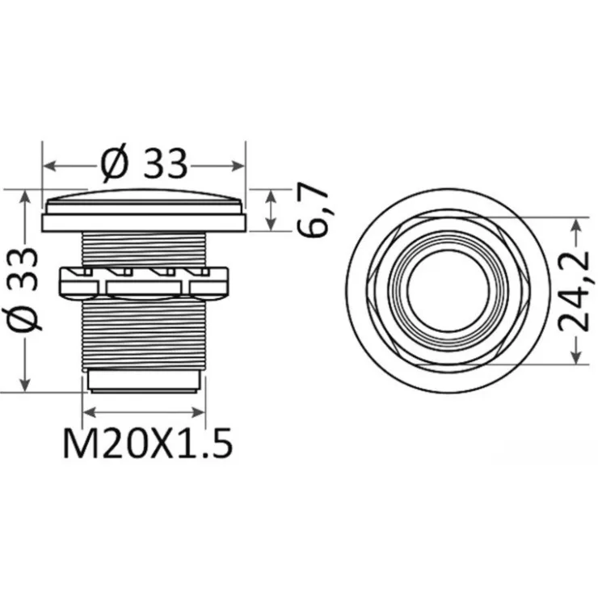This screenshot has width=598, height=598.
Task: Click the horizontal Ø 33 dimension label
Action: click(x=145, y=164)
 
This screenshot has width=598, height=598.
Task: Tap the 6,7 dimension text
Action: click(x=313, y=210)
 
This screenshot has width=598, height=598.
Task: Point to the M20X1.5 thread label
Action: click(x=148, y=444)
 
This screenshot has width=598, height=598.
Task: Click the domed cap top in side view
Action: click(x=143, y=196)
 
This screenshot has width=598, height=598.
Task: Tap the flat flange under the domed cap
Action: click(x=143, y=223)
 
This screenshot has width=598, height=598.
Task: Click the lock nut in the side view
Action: click(x=143, y=282)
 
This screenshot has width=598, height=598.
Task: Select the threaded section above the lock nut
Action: click(x=144, y=249)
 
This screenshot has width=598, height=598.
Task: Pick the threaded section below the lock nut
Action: click(x=144, y=333)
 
